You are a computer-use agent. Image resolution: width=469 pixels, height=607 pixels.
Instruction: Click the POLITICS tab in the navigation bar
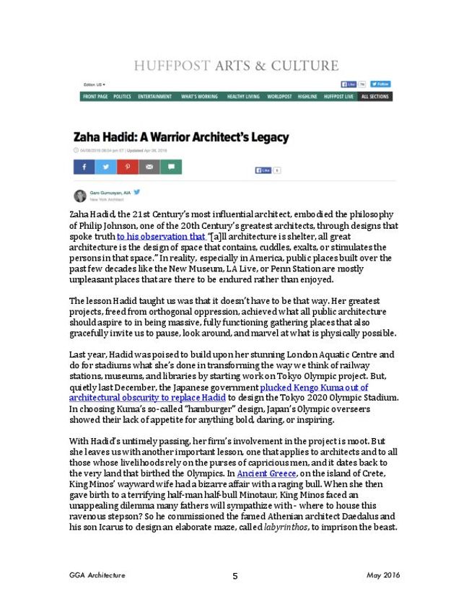click(122, 97)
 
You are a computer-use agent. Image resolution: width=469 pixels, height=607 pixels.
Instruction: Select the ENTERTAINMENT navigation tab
click(154, 97)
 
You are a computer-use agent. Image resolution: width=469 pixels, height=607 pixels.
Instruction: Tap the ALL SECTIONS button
click(375, 97)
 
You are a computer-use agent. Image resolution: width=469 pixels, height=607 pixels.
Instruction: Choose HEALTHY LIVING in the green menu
click(243, 97)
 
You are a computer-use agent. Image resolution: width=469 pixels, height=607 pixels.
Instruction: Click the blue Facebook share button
click(84, 167)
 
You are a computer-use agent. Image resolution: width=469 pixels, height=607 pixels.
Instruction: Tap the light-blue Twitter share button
click(105, 167)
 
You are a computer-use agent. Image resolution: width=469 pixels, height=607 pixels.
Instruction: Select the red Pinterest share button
click(127, 167)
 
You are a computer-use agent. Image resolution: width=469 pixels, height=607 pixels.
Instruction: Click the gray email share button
click(149, 167)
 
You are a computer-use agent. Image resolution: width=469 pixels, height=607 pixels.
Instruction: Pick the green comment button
click(170, 167)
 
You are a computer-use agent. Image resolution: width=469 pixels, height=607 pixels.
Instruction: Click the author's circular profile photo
click(80, 196)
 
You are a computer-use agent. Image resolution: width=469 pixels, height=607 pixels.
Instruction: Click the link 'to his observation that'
click(161, 236)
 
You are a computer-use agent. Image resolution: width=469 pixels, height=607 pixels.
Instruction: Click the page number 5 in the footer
click(235, 575)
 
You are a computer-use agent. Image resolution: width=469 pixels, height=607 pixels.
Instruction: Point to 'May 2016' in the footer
click(383, 575)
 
